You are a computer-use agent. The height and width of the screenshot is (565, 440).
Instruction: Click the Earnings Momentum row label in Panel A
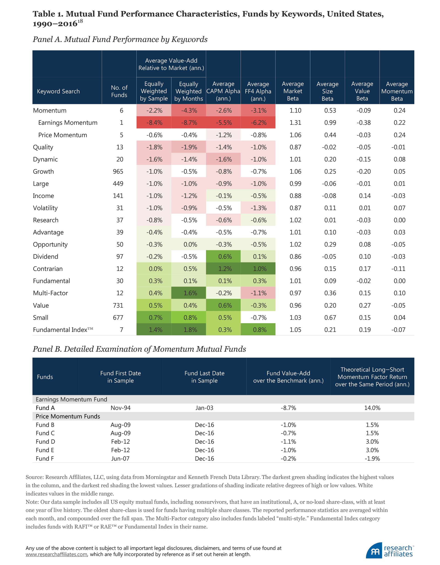68,123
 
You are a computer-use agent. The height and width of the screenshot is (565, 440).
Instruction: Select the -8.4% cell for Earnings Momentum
154,123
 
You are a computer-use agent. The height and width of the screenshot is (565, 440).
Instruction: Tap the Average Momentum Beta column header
397,91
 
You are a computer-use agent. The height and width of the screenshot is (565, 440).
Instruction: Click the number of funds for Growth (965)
118,172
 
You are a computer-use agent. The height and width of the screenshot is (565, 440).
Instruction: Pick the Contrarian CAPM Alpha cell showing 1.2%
223,269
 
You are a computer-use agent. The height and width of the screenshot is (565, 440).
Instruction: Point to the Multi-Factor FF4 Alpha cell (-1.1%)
258,293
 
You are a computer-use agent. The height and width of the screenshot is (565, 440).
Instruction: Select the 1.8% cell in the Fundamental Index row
189,330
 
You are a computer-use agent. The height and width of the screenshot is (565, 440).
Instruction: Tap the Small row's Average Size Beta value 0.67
330,318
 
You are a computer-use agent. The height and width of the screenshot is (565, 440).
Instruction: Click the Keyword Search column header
58,91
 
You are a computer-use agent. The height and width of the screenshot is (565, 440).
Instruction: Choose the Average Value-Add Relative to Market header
171,64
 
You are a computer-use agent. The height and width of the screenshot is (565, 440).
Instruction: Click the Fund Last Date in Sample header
204,377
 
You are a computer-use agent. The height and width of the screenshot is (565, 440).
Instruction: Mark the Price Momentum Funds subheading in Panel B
68,417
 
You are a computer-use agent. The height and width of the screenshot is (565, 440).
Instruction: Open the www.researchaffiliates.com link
56,554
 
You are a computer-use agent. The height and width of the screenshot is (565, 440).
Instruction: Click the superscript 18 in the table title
80,21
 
